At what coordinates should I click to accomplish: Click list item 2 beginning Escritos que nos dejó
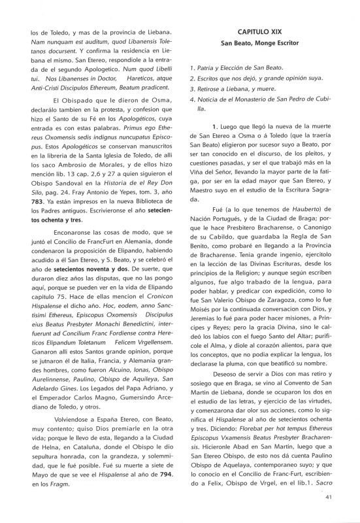250,78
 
